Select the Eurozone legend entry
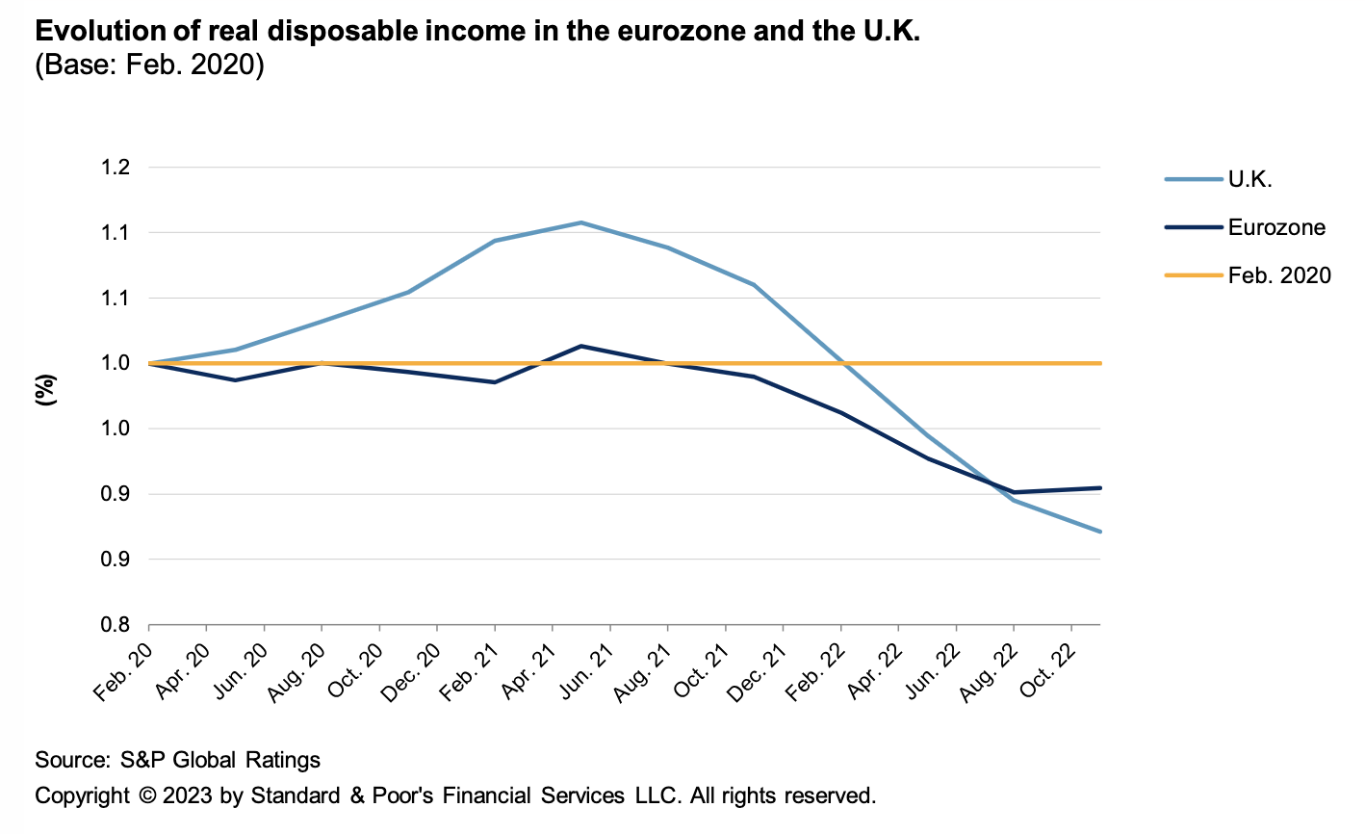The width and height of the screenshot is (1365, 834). point(1276,228)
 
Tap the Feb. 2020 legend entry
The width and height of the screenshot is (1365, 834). point(1279,276)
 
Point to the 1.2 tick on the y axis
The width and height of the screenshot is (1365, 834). point(115,168)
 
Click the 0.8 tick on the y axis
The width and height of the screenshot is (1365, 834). point(115,625)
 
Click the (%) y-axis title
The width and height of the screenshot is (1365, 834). point(46,389)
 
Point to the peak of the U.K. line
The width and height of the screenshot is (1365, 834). point(581,222)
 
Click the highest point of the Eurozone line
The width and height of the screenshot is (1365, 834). point(581,346)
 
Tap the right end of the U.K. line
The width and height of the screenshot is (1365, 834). point(1099,531)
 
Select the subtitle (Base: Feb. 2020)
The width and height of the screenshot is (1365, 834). point(149,66)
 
